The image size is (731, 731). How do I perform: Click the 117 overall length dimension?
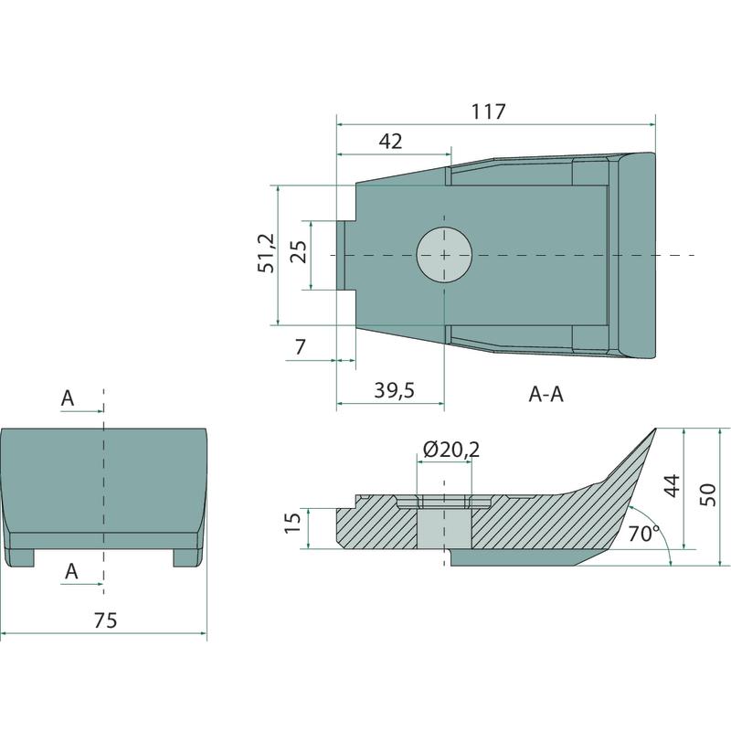488,111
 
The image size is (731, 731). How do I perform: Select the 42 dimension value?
391,141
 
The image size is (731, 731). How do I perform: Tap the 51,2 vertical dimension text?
267,253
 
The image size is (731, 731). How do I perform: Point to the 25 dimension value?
299,252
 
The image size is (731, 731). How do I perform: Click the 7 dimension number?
301,347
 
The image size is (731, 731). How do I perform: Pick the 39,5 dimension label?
395,390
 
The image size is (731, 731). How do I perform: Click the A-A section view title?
546,395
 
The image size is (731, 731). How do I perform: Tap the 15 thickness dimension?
292,523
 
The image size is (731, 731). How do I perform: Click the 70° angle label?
644,534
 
